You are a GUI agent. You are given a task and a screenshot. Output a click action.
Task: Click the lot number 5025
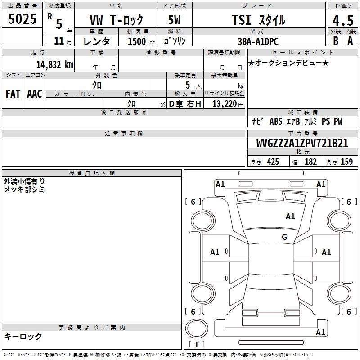[x=22, y=19]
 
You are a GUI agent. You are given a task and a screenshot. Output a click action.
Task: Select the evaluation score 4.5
[x=343, y=21]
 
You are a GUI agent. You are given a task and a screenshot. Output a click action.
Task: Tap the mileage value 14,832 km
[x=55, y=65]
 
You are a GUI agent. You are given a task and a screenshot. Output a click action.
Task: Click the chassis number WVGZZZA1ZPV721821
[x=302, y=143]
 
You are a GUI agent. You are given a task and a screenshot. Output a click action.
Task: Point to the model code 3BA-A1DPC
[x=258, y=41]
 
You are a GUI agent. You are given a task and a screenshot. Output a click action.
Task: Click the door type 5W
[x=174, y=20]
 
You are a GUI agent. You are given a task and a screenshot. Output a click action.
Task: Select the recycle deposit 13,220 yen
[x=228, y=104]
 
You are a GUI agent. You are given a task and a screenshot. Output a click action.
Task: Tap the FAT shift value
[x=13, y=94]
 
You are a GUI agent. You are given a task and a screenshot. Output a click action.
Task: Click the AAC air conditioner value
[x=35, y=94]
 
